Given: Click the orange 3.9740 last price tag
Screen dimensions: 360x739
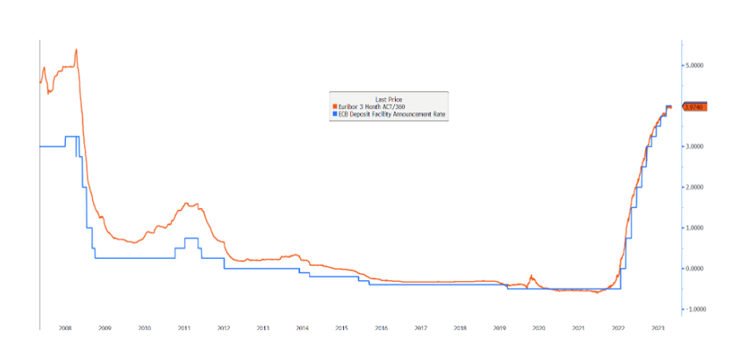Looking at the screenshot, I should pyautogui.click(x=694, y=106).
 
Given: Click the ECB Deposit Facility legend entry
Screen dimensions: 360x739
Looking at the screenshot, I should pyautogui.click(x=387, y=113).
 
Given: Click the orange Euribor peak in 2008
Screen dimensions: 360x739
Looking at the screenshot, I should pyautogui.click(x=76, y=50).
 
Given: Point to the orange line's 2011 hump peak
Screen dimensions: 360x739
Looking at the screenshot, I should pyautogui.click(x=188, y=204).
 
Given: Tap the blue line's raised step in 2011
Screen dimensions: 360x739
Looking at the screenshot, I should pyautogui.click(x=190, y=238).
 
